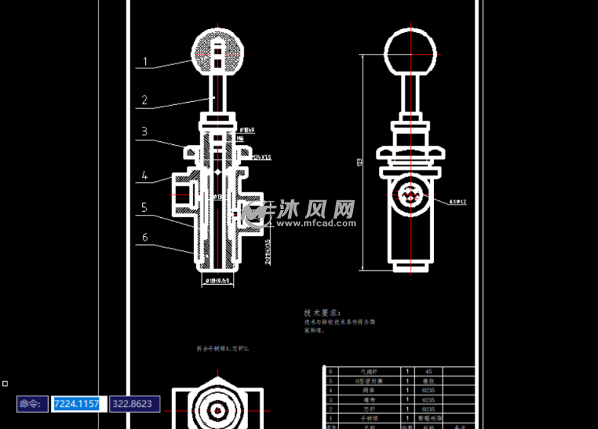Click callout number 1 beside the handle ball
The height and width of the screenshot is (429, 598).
pos(145,62)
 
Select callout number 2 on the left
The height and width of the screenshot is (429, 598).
pos(144,101)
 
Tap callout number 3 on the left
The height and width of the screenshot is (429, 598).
pos(144,132)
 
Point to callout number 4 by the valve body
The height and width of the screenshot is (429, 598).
pos(144,176)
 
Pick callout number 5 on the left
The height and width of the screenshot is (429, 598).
pos(144,208)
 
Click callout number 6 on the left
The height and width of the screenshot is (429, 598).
pos(144,237)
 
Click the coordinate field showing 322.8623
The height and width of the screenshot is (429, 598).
pos(134,404)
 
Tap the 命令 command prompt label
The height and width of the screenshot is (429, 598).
pos(32,404)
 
